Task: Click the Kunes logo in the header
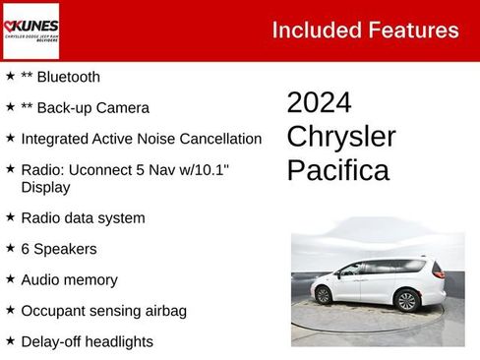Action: pos(30,30)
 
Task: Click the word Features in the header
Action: pos(411,30)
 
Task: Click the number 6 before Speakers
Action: pos(26,249)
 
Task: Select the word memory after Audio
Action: pos(90,280)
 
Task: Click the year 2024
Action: pos(319,103)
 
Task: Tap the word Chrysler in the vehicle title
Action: pos(341,137)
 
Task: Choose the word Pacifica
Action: pos(337,170)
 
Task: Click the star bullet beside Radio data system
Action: pos(10,217)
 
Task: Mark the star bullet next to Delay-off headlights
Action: pos(10,341)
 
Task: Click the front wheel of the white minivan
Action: pos(323,295)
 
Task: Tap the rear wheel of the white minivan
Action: pos(405,300)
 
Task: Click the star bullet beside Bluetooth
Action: pos(10,76)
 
